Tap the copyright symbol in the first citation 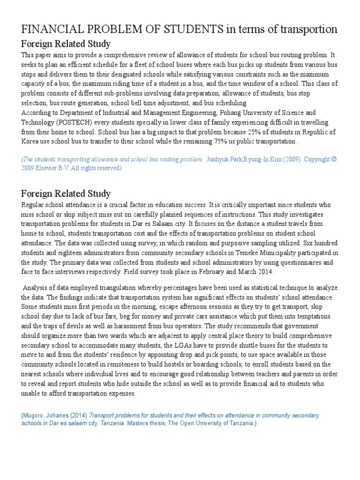click(334, 159)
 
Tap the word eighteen click(62, 253)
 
